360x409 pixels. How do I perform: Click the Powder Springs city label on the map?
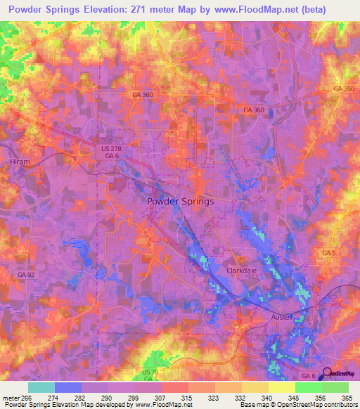click(x=181, y=201)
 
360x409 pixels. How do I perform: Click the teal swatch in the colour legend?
click(x=41, y=387)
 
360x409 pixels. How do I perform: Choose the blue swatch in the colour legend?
click(x=68, y=387)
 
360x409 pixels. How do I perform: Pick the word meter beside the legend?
click(x=9, y=397)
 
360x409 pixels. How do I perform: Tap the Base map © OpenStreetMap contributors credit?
click(x=298, y=405)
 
